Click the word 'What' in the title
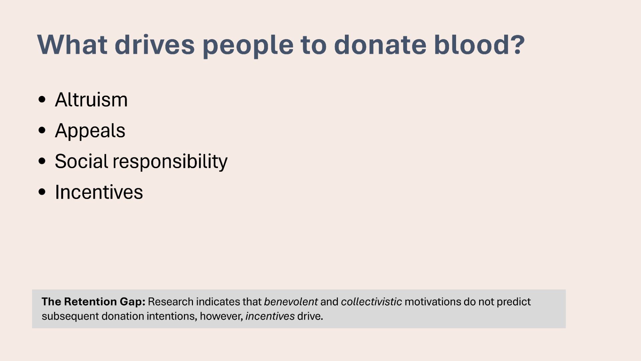click(x=72, y=44)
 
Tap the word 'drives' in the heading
click(x=155, y=44)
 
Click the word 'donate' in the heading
click(x=380, y=44)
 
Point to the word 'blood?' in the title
click(x=479, y=44)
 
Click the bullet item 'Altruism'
click(x=91, y=100)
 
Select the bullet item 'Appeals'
click(x=90, y=131)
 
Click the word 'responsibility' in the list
click(x=170, y=162)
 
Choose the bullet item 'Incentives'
click(x=99, y=192)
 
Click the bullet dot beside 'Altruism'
click(x=42, y=100)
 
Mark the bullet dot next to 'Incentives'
click(x=42, y=192)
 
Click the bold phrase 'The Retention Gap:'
click(x=93, y=302)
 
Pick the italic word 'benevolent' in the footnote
click(x=291, y=302)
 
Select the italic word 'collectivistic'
click(x=371, y=302)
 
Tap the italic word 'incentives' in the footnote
click(x=270, y=316)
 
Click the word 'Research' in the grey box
click(x=171, y=302)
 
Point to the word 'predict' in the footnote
click(x=514, y=302)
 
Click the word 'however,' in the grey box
click(x=221, y=316)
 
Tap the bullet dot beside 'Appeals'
click(x=42, y=131)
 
